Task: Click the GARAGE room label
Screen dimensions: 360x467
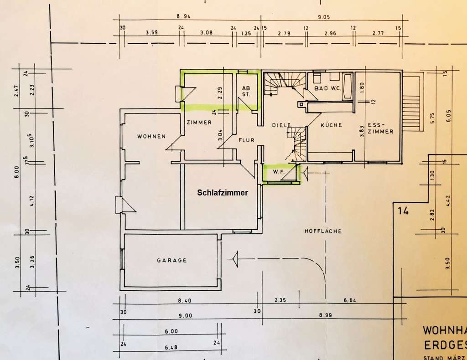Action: pos(172,260)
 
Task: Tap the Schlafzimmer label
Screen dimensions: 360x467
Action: pos(223,193)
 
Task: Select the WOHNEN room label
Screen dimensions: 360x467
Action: pos(151,137)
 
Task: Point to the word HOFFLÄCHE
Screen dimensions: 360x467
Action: pos(323,231)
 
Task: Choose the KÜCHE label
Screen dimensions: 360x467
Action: pos(331,125)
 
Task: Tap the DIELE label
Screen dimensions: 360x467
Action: pos(281,125)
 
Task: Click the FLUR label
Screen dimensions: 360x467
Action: pos(246,140)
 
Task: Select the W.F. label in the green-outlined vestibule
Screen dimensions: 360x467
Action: pos(279,173)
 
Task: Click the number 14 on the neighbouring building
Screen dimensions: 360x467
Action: pos(402,211)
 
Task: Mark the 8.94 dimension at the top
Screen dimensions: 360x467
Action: pos(183,16)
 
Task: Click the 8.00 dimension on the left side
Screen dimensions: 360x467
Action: pos(17,173)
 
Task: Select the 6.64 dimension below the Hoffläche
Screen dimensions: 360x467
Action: pos(352,300)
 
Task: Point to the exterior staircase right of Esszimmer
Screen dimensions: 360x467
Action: pos(411,104)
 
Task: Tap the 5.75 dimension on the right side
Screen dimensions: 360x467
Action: pos(432,117)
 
